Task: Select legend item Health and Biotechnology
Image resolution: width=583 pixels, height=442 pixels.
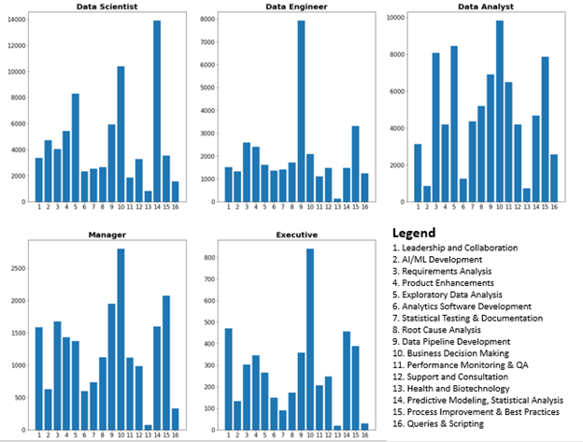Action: click(459, 389)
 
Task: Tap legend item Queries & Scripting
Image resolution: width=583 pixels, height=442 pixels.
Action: click(447, 423)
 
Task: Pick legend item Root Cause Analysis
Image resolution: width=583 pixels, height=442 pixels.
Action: click(448, 330)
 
